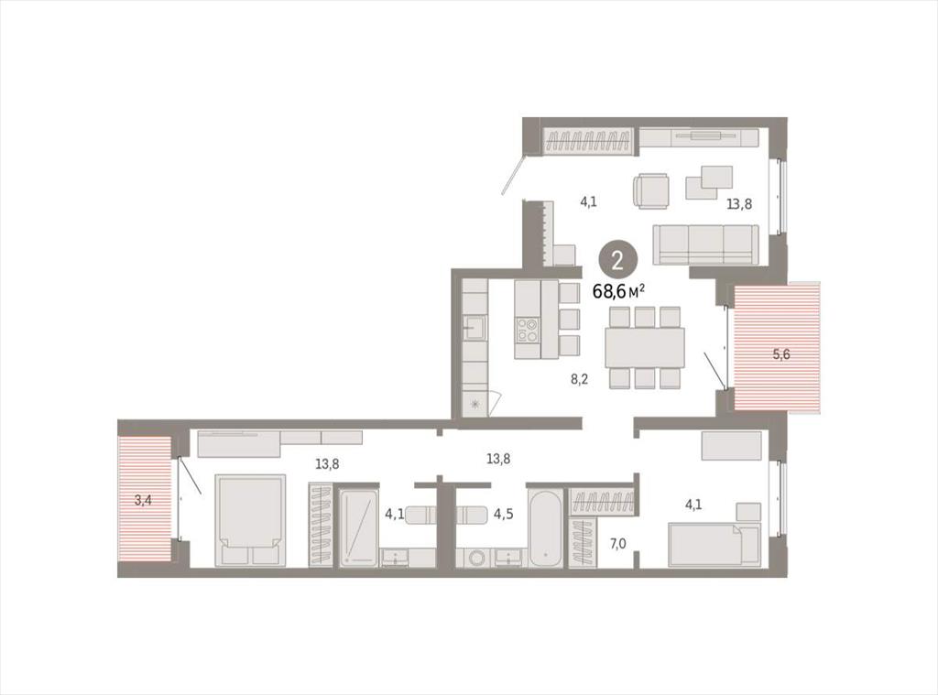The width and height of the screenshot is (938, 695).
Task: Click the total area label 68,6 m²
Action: click(618, 291)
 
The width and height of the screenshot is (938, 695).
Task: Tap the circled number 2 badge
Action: click(617, 261)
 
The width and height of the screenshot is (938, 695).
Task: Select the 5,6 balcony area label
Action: click(781, 354)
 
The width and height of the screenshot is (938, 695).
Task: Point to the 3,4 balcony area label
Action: click(142, 500)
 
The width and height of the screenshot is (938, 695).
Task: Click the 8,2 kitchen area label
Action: click(579, 378)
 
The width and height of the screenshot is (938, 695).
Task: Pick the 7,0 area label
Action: click(618, 544)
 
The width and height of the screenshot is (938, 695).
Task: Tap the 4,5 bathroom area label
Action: click(503, 514)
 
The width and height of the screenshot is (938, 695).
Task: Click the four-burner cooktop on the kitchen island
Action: click(528, 330)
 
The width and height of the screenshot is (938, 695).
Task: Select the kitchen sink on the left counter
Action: click(475, 327)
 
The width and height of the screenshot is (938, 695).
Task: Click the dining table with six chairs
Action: click(644, 347)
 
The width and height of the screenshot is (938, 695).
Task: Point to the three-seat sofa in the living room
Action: click(706, 244)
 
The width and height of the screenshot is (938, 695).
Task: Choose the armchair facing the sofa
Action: click(651, 190)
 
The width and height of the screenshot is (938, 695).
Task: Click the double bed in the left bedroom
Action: click(250, 520)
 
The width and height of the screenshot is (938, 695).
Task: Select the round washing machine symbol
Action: click(478, 558)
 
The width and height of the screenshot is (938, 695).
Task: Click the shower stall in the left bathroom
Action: click(358, 527)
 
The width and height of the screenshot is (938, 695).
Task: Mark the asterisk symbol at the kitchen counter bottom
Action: click(475, 405)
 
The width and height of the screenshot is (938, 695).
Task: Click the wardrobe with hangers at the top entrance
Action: click(589, 143)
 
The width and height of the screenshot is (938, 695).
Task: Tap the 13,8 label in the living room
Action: click(739, 204)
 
